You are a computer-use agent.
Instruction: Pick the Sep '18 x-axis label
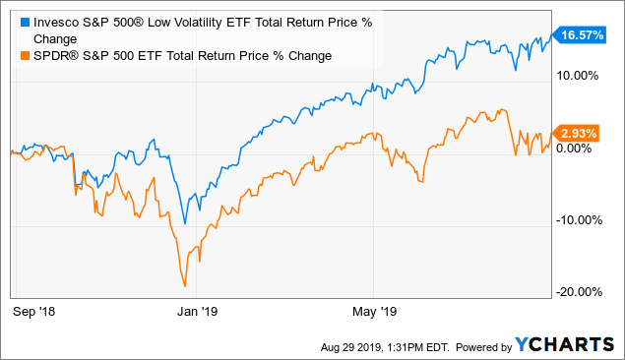pyautogui.click(x=35, y=311)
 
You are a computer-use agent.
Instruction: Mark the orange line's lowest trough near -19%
pyautogui.click(x=185, y=286)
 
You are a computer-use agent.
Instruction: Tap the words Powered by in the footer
pyautogui.click(x=477, y=346)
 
